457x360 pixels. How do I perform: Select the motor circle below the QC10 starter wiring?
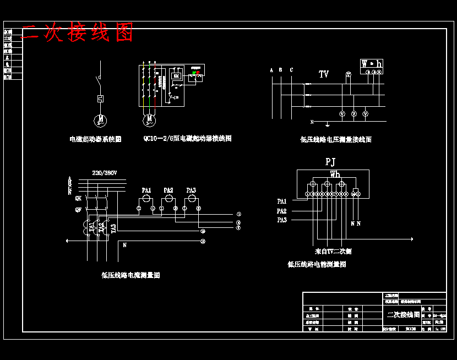(x=149, y=118)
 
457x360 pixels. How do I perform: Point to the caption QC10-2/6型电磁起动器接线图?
(x=187, y=139)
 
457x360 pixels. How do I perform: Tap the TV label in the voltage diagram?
(x=324, y=74)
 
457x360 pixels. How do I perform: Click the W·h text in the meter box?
(x=372, y=64)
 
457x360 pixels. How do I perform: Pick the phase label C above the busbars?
(x=291, y=70)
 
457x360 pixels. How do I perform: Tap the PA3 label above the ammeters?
(x=191, y=190)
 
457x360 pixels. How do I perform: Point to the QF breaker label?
(x=78, y=210)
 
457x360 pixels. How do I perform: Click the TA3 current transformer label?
(x=113, y=228)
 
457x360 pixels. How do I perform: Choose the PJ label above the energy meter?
(x=330, y=162)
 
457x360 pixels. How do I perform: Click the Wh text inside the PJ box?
(x=335, y=174)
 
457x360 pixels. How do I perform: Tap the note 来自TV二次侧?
(x=333, y=252)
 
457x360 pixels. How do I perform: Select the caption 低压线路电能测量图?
(x=317, y=264)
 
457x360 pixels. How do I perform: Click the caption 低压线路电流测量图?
(x=130, y=275)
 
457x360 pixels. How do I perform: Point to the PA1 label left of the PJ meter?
(x=282, y=201)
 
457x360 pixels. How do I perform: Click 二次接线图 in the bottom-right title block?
(x=404, y=315)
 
